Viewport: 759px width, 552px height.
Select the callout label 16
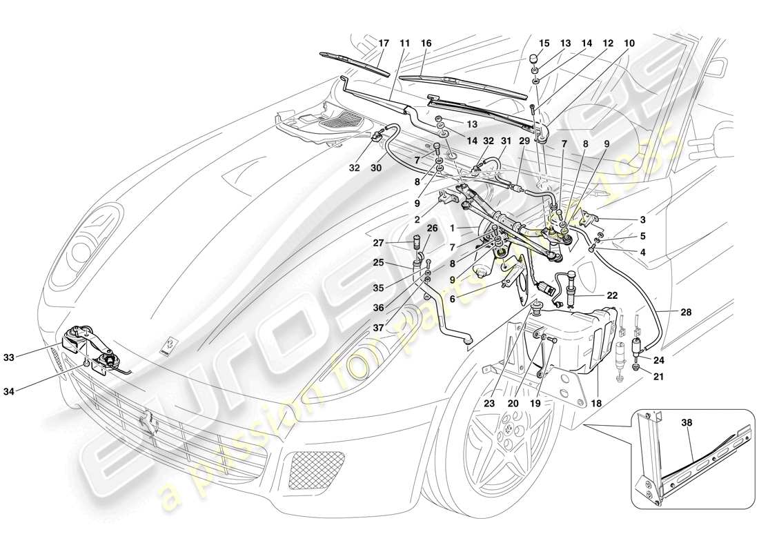coord(426,43)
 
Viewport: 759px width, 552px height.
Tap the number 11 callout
coord(404,43)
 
